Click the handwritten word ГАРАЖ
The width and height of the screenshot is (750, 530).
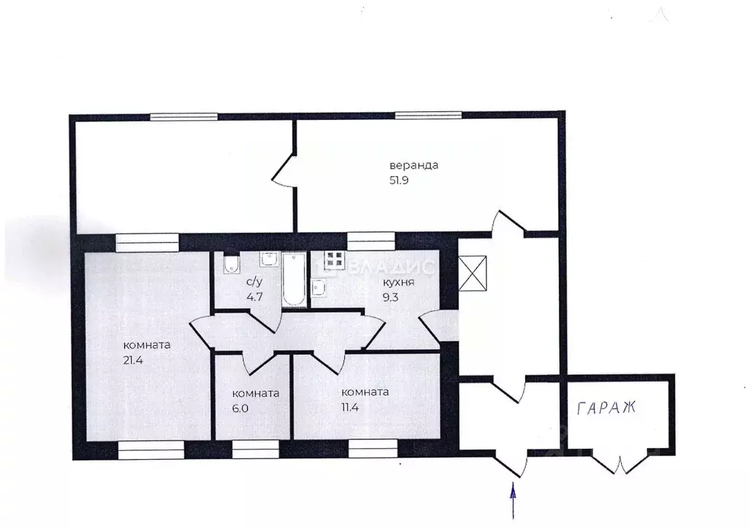[606, 408]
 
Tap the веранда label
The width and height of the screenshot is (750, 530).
[414, 165]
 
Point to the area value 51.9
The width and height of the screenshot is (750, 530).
[399, 180]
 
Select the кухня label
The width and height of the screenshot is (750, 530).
[398, 282]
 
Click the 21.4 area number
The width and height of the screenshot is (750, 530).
[133, 360]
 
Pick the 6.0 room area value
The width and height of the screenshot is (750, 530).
[240, 408]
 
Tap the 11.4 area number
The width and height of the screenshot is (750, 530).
[350, 407]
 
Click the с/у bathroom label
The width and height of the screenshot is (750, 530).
[254, 282]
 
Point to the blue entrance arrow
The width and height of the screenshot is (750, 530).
[513, 501]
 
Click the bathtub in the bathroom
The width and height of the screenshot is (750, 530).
[294, 280]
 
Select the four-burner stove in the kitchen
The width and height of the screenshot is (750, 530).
[334, 259]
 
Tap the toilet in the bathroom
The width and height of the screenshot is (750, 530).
[231, 264]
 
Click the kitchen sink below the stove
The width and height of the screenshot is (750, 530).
[319, 288]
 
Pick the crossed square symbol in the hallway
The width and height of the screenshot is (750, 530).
[472, 273]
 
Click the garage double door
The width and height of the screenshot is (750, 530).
[620, 462]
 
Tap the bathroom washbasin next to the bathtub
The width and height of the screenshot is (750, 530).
[270, 259]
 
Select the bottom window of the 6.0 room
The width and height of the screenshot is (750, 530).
[256, 449]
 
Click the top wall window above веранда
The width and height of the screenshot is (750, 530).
[428, 115]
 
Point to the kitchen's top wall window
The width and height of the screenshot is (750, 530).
[371, 242]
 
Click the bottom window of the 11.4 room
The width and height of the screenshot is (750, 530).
[373, 449]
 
